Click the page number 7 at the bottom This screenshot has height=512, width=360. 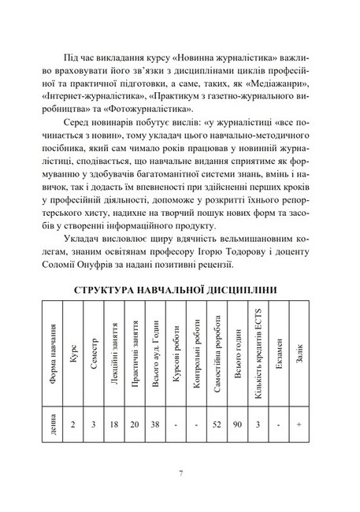[180, 473]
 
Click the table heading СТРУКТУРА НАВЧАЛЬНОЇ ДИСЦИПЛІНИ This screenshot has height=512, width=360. [180, 290]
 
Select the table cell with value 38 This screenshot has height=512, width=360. [155, 425]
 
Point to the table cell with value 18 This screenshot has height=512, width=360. [113, 425]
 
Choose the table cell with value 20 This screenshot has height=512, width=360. [135, 425]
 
